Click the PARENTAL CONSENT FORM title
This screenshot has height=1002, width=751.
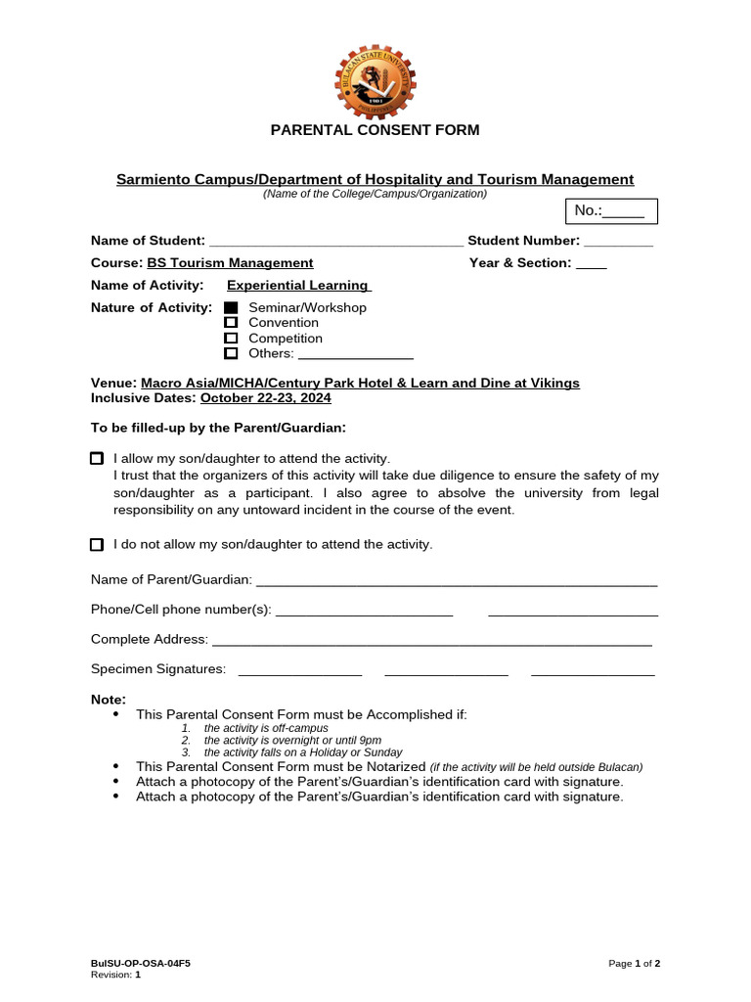pos(375,130)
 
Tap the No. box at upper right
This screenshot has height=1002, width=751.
pos(611,211)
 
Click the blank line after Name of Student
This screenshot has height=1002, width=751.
pos(336,242)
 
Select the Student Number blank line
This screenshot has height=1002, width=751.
pos(618,242)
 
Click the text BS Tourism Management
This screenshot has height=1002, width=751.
pos(230,263)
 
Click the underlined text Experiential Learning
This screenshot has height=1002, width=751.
pos(298,286)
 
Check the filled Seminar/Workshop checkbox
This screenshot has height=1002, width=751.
pos(231,308)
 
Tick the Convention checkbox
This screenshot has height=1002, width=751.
pos(231,323)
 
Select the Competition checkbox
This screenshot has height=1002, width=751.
pos(231,339)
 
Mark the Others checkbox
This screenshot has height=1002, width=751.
pos(231,353)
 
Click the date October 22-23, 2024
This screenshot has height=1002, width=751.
pos(266,398)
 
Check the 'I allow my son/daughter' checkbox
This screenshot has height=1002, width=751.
pos(97,458)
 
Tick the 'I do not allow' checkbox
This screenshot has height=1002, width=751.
pos(97,544)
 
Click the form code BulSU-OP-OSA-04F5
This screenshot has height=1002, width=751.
pos(141,964)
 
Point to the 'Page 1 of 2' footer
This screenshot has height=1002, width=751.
pos(634,964)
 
